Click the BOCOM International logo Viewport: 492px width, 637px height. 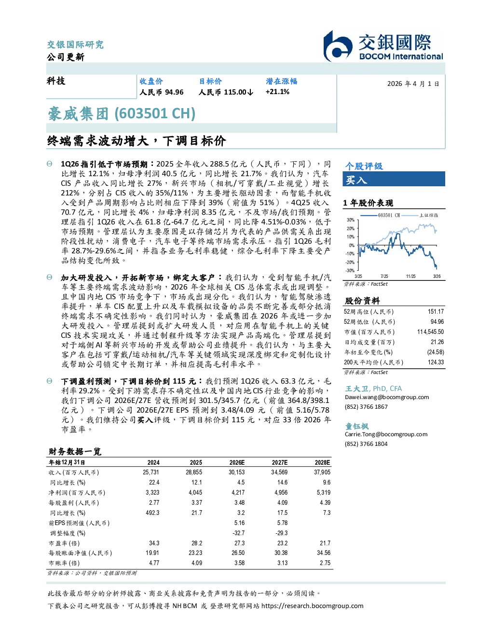(x=383, y=46)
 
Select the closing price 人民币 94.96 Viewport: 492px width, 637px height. (x=162, y=92)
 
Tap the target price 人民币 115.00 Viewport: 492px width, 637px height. (x=226, y=92)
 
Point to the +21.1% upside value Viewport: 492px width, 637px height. (x=277, y=92)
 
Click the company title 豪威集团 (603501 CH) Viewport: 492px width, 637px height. (x=122, y=114)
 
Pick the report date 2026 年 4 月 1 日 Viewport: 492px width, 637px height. (x=413, y=84)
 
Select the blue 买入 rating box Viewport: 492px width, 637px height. (x=394, y=179)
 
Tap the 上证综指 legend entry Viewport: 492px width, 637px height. (x=420, y=215)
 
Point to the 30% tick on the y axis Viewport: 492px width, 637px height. (x=351, y=220)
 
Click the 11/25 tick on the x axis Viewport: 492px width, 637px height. (x=410, y=277)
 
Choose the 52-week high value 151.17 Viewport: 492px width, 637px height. (x=436, y=312)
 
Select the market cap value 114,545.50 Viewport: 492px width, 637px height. (x=430, y=332)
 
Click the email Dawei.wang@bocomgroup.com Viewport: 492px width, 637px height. (x=387, y=397)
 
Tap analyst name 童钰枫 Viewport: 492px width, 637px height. (x=356, y=426)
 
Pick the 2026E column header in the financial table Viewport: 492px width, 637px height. (x=237, y=463)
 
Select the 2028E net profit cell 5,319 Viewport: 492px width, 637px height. (x=324, y=493)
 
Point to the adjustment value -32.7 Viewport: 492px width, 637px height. (x=239, y=533)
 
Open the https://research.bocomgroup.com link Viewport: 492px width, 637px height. (x=312, y=606)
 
